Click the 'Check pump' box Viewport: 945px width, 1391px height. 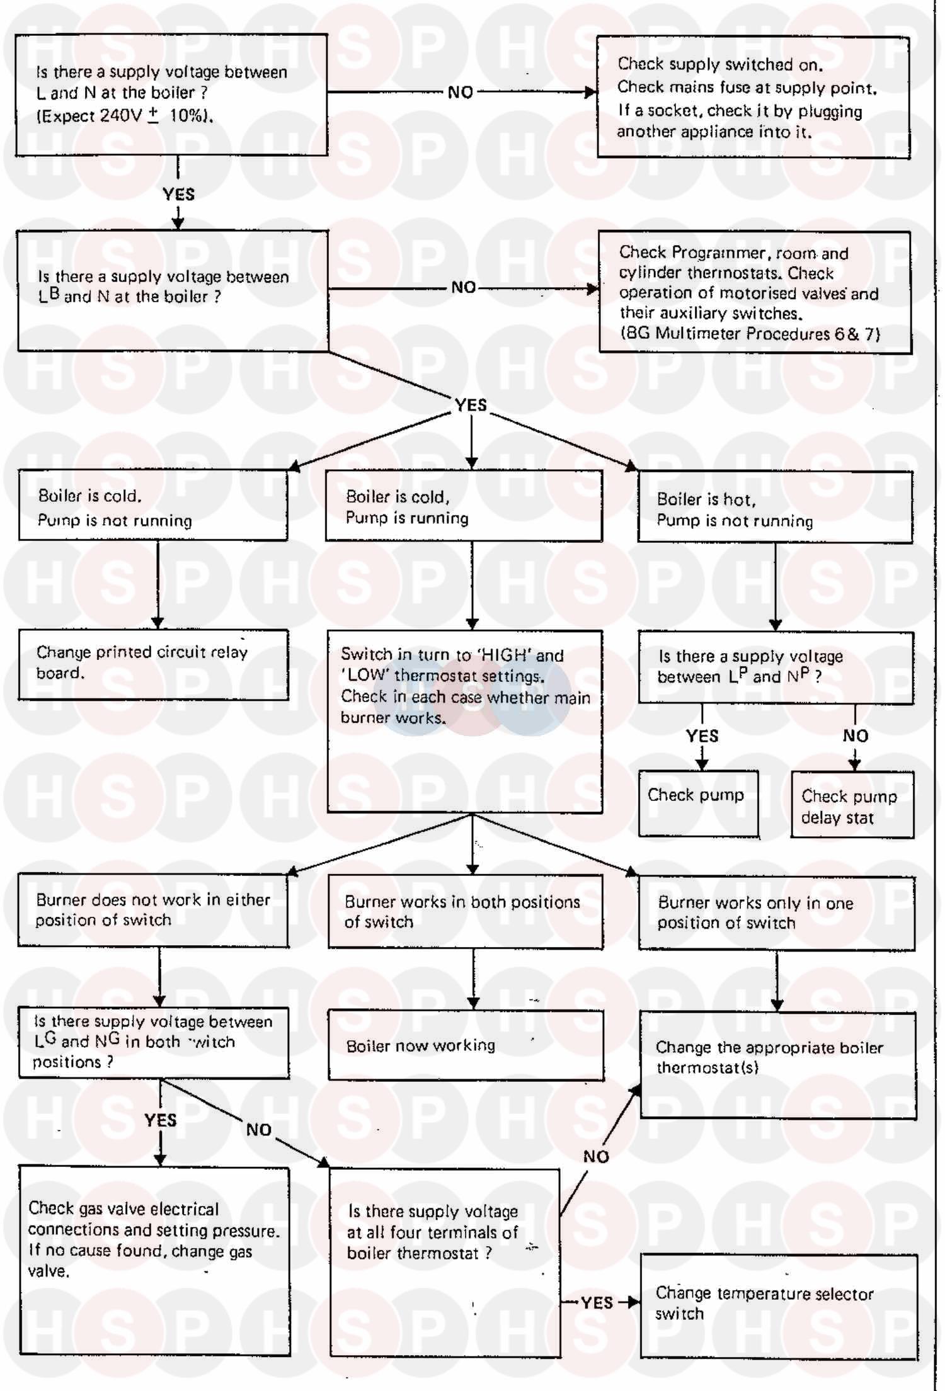tap(698, 803)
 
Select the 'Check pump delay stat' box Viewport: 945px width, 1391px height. tap(852, 805)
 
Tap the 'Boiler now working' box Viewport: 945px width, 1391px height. tap(466, 1045)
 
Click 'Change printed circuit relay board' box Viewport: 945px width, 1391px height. tap(153, 664)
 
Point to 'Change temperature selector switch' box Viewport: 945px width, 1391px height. tap(779, 1305)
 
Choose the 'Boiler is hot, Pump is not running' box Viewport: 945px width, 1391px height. tap(775, 507)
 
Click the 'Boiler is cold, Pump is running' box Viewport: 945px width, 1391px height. tap(464, 506)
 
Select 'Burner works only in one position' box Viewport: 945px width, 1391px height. tap(776, 912)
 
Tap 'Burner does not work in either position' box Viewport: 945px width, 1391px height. tap(153, 910)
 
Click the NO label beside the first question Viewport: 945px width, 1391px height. tap(461, 93)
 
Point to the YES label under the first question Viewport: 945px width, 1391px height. tap(178, 194)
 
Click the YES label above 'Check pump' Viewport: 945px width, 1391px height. tap(702, 735)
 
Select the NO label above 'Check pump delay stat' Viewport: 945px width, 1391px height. tap(855, 735)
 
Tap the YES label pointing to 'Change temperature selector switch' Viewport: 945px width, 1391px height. tap(597, 1302)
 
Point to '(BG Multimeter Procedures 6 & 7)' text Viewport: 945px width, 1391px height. tap(750, 333)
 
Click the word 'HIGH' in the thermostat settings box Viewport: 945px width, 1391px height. tap(506, 655)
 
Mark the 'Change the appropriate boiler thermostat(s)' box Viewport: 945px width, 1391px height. tap(778, 1065)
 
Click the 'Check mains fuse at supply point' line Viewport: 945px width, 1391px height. tap(747, 88)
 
